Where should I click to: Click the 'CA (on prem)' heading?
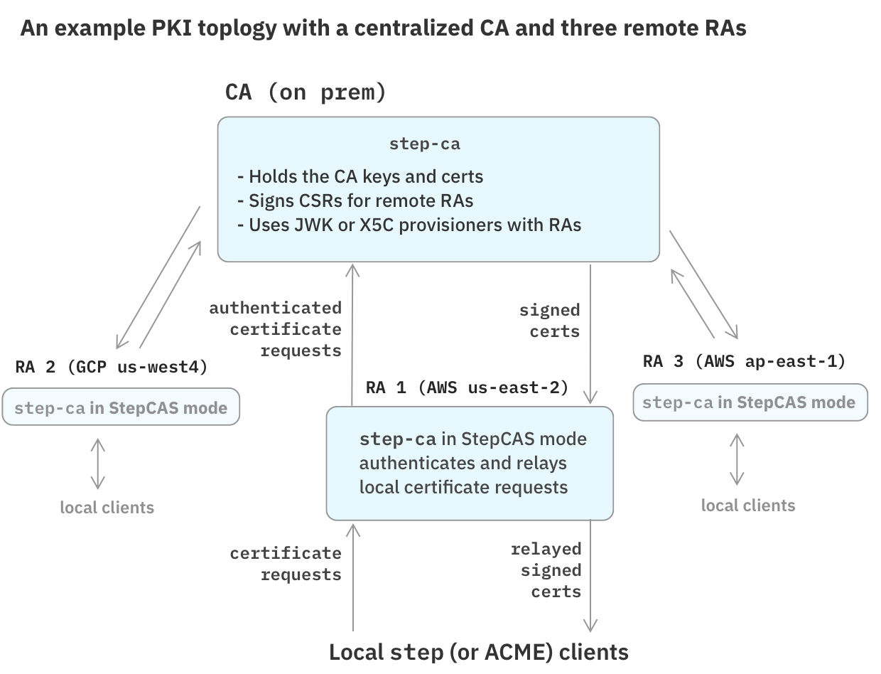[306, 92]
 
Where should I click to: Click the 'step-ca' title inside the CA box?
[424, 144]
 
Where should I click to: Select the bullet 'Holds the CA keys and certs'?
[360, 176]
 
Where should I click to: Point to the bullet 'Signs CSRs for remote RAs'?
[355, 200]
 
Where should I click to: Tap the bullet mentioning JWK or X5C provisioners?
[409, 225]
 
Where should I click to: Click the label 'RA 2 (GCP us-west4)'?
[112, 367]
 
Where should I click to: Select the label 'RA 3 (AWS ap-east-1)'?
[744, 361]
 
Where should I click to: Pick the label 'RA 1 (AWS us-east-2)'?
[467, 387]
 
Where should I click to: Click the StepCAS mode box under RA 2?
[121, 407]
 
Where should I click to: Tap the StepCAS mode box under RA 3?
[750, 402]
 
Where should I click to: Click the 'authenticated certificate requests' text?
[276, 329]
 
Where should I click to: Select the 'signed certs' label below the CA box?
[550, 321]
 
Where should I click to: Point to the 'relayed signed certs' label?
[546, 570]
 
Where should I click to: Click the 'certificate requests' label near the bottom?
[286, 564]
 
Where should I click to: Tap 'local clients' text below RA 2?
[107, 508]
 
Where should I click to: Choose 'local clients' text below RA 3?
[748, 505]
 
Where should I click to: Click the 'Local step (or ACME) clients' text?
[478, 652]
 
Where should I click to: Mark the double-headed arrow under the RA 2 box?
[98, 464]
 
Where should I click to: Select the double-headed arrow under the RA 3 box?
[737, 459]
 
